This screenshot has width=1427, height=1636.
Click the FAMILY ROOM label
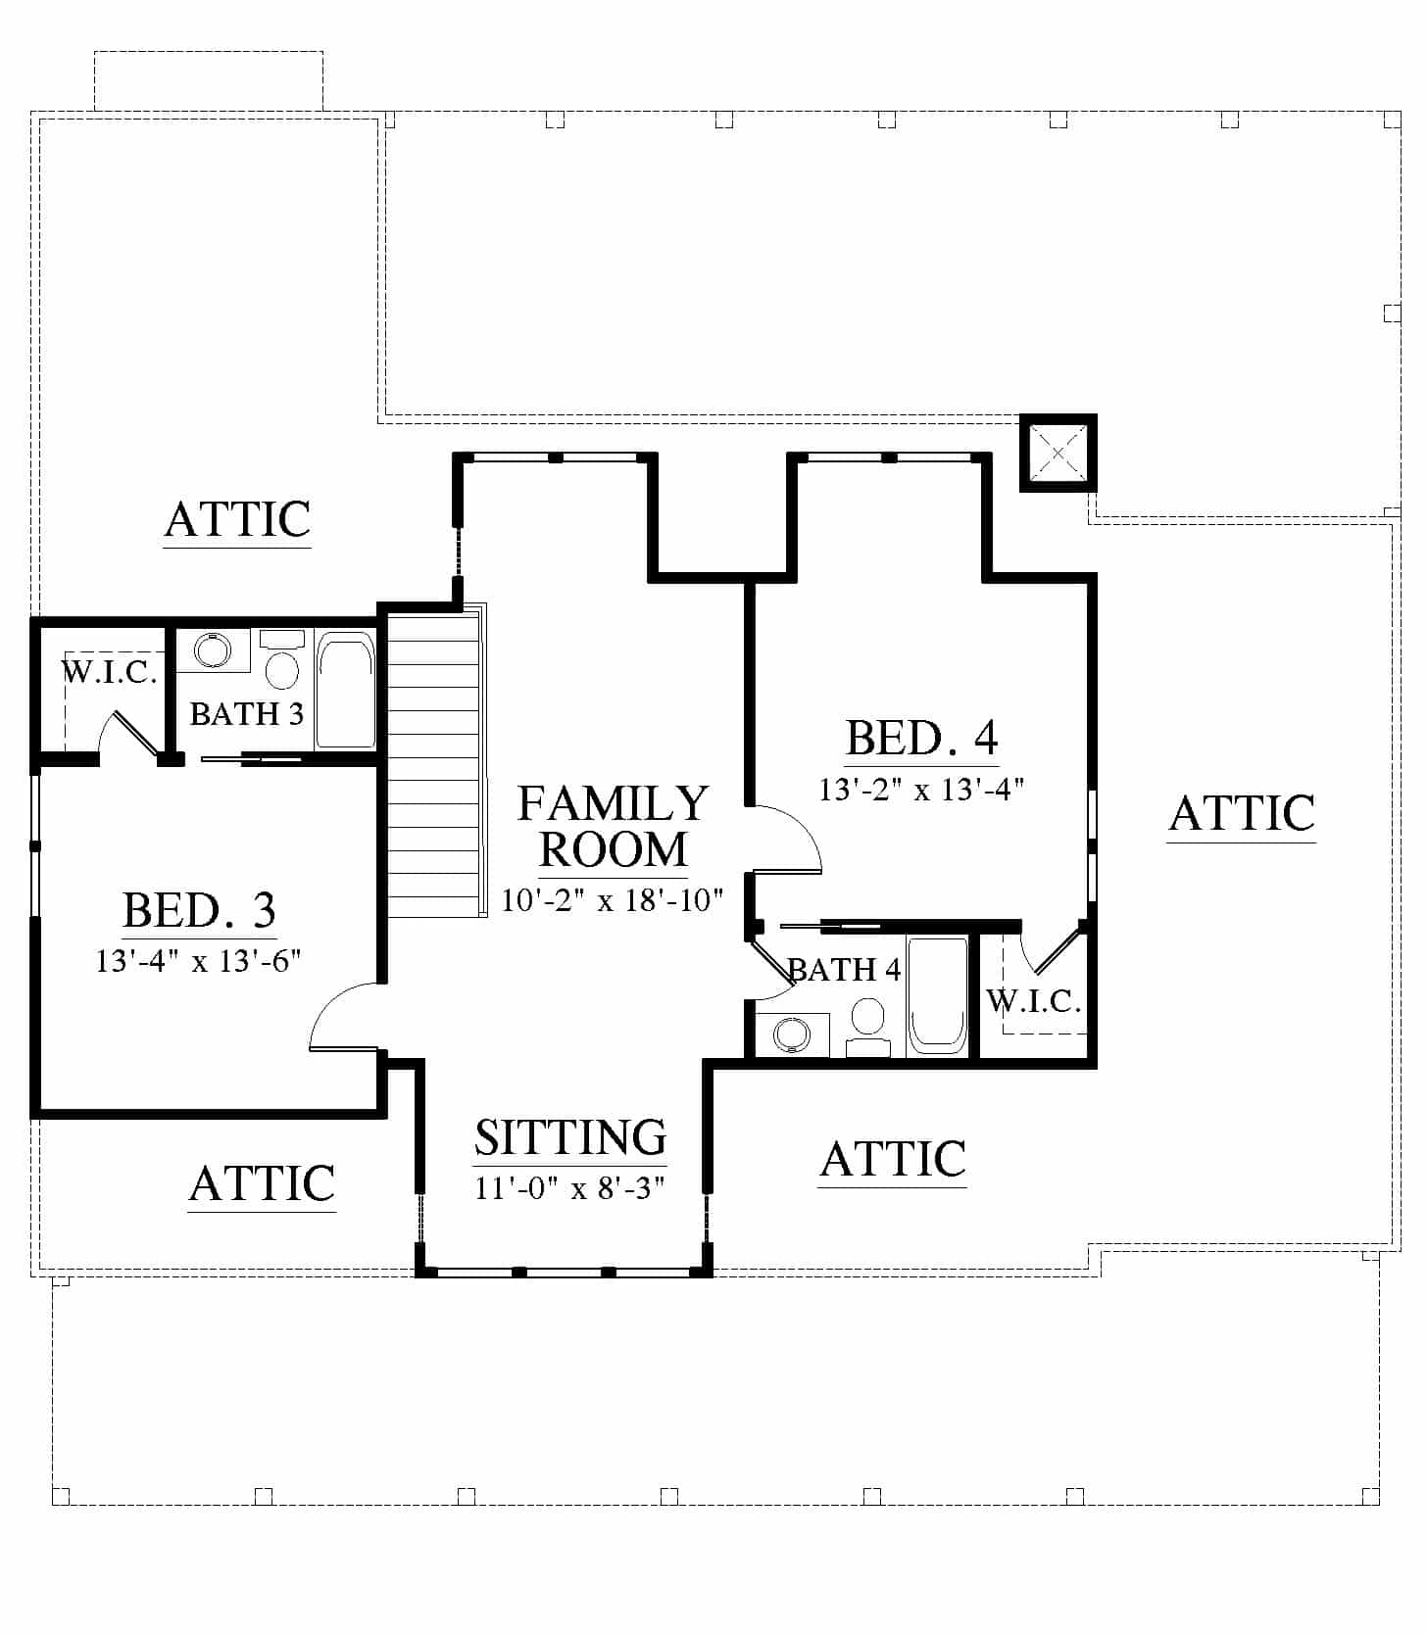[x=614, y=827]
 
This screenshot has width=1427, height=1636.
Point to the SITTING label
[x=570, y=1136]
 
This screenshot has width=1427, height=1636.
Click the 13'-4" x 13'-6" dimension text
[x=198, y=960]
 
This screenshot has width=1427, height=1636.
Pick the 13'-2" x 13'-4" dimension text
[x=921, y=789]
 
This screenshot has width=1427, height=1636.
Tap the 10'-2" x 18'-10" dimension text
[x=613, y=899]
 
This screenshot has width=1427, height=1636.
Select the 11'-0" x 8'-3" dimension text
[x=570, y=1188]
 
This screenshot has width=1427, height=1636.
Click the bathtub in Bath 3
[x=345, y=691]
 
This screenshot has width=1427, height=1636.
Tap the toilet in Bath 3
[x=282, y=660]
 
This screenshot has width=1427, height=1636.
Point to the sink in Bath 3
[x=212, y=650]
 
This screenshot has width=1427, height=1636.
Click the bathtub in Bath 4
[x=938, y=995]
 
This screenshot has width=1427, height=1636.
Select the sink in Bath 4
[x=792, y=1035]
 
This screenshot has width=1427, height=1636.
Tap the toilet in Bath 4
[x=867, y=1027]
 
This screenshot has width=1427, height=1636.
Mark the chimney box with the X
[x=1058, y=453]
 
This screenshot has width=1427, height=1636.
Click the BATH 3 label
[x=246, y=713]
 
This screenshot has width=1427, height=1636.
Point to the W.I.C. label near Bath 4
[x=1034, y=1000]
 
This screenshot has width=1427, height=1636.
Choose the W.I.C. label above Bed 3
[x=109, y=672]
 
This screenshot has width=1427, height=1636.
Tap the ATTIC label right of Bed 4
[x=1242, y=812]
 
